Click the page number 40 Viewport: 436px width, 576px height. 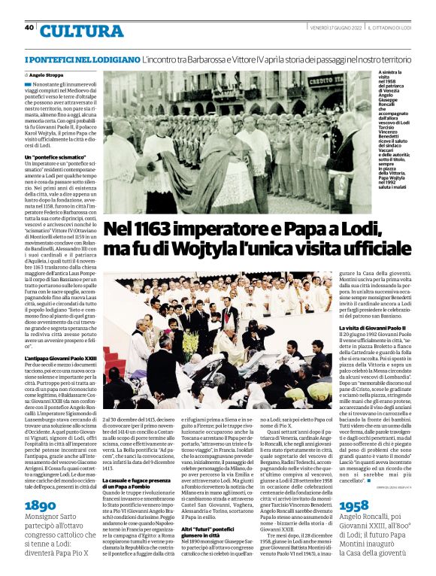pyautogui.click(x=29, y=27)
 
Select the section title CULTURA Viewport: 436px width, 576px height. pyautogui.click(x=82, y=32)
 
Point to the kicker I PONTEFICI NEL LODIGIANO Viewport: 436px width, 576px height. pyautogui.click(x=82, y=59)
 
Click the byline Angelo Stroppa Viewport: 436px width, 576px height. pyautogui.click(x=46, y=76)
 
